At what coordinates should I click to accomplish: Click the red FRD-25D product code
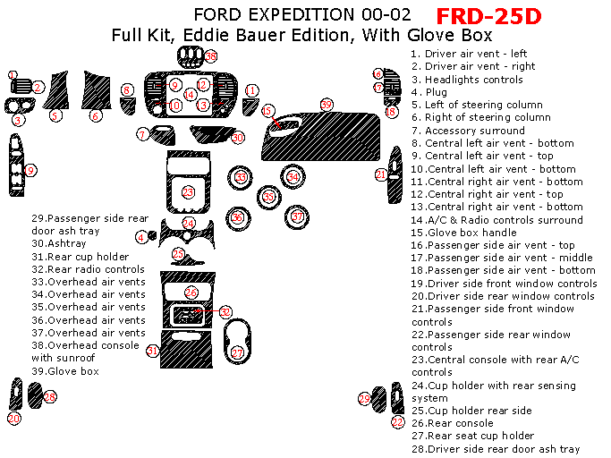[x=488, y=16]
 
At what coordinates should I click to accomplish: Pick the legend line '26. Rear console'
[x=453, y=423]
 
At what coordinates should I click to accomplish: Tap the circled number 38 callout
[x=211, y=56]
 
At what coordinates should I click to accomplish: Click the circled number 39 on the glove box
[x=327, y=106]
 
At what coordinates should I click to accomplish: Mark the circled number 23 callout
[x=188, y=191]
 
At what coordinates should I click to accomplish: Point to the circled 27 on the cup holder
[x=238, y=353]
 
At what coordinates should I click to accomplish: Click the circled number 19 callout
[x=30, y=170]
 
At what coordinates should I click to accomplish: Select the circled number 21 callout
[x=381, y=175]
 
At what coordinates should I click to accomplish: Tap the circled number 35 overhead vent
[x=268, y=197]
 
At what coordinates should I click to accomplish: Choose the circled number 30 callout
[x=237, y=138]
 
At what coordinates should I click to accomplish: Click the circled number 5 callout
[x=55, y=115]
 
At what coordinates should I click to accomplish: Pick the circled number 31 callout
[x=154, y=351]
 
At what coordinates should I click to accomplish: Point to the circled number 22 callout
[x=397, y=420]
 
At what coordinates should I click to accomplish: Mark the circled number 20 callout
[x=14, y=418]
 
